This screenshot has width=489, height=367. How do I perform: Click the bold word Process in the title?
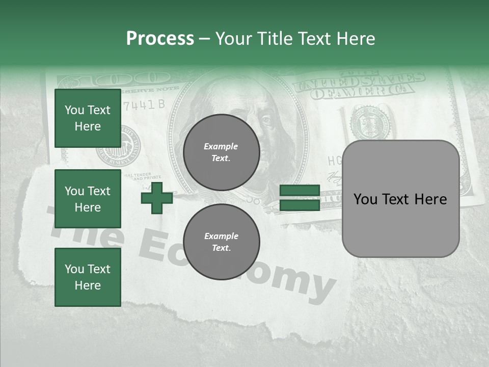click(160, 38)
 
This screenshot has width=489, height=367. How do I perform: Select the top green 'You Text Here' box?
click(88, 118)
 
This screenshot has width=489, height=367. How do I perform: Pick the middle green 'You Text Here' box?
click(88, 199)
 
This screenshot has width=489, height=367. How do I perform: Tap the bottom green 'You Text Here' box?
click(88, 277)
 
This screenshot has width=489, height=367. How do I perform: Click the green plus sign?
click(157, 198)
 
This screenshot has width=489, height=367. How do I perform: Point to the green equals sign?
click(300, 198)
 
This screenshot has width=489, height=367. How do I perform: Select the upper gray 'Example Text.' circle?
click(221, 152)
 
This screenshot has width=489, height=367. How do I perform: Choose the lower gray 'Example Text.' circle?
click(221, 242)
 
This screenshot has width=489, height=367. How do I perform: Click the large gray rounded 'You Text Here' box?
click(400, 199)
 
